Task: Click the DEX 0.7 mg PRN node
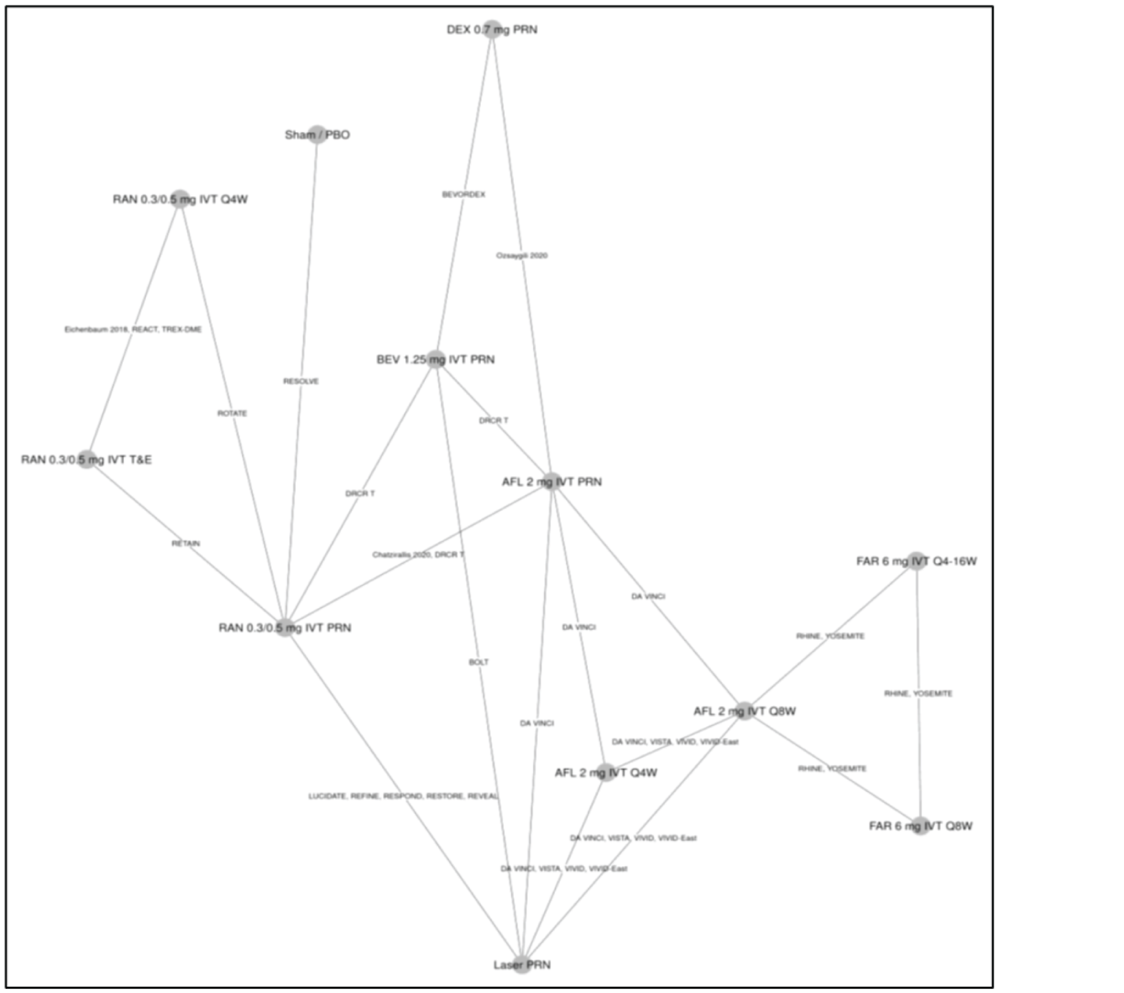coord(492,29)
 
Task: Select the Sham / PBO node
coord(317,135)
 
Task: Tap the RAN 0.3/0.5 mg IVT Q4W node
coord(180,199)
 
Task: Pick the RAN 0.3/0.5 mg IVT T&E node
coord(86,459)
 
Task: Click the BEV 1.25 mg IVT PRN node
coord(435,360)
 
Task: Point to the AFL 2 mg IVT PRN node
coord(552,482)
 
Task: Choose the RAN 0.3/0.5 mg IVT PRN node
coord(285,628)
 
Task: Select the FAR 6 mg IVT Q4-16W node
coord(916,561)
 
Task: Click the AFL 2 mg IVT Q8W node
coord(744,711)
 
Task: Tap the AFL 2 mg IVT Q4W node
coord(606,773)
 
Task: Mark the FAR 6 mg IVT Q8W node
coord(921,826)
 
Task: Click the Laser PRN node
coord(522,965)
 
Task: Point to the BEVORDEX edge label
coord(463,195)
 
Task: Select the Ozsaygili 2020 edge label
coord(522,255)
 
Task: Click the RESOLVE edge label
coord(301,382)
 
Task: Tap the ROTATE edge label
coord(232,413)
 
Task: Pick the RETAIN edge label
coord(186,543)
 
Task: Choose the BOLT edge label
coord(479,662)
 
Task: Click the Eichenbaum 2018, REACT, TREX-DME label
coord(133,330)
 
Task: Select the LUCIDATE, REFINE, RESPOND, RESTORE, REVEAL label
coord(403,796)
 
